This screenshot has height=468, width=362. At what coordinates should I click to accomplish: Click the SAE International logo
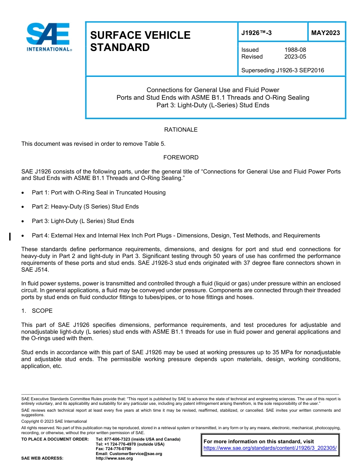tap(49, 37)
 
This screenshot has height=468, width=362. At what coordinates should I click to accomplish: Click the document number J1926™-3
tap(256, 33)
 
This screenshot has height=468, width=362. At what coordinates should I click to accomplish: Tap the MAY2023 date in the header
tap(325, 33)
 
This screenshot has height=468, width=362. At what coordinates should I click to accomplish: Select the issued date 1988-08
tap(295, 50)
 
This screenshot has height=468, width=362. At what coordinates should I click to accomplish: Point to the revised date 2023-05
tap(295, 57)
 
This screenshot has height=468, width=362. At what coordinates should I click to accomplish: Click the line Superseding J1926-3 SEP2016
tap(283, 70)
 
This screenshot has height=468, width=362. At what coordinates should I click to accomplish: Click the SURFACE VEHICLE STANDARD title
tap(140, 41)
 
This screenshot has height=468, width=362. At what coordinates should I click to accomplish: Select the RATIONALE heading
tap(181, 130)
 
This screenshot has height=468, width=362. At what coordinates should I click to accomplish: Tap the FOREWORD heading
tap(181, 158)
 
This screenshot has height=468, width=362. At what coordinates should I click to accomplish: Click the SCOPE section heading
tap(42, 311)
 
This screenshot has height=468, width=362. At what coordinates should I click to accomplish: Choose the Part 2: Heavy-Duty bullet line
tap(85, 207)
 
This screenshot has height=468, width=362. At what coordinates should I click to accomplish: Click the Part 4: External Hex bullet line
tap(176, 236)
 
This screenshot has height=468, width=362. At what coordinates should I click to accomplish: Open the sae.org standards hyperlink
tap(270, 448)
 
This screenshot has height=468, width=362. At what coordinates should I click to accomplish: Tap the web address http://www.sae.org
tap(114, 458)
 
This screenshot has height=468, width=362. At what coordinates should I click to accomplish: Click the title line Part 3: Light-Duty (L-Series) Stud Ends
tap(213, 105)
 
